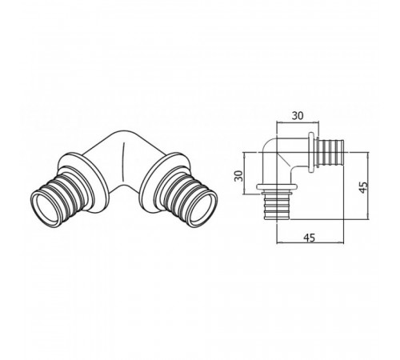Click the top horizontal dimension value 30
coord(298,116)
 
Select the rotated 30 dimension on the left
coord(239,176)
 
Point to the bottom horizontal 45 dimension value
coord(310,238)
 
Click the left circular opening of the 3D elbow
coord(45,209)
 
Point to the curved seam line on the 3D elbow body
coord(123,162)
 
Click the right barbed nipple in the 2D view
coord(330,152)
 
